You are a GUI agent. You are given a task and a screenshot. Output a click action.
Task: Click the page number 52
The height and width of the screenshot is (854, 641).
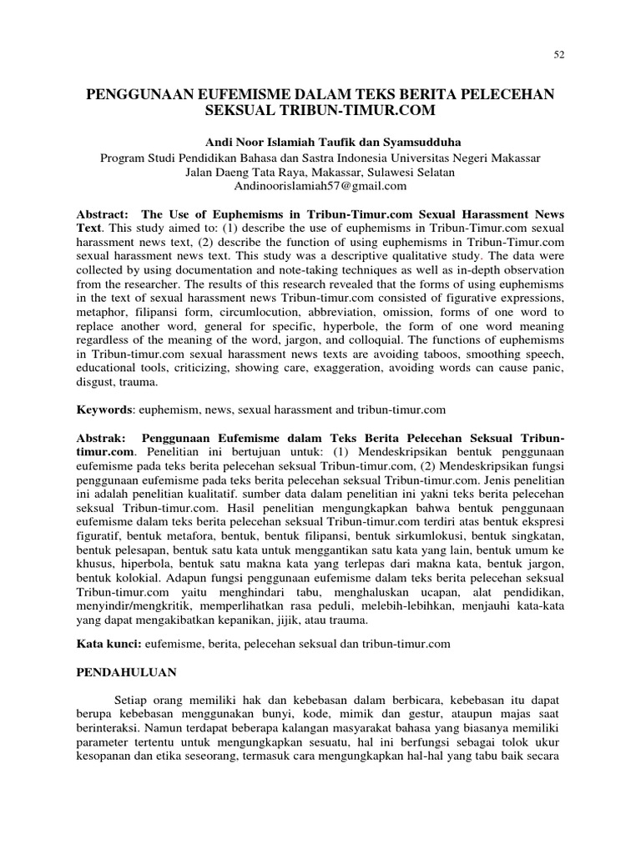(x=560, y=55)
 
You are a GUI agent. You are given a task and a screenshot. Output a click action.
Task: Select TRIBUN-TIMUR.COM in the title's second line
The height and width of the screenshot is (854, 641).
(x=366, y=109)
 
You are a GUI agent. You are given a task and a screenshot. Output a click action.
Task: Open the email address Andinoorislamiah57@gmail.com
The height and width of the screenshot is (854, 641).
(x=320, y=187)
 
